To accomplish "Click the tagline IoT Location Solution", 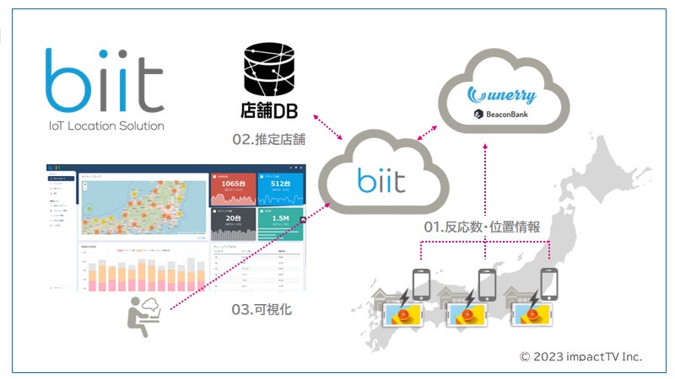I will click(x=105, y=125).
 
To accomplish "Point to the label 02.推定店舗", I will click(x=268, y=140).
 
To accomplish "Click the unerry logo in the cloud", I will click(x=505, y=94).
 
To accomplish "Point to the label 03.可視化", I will click(x=261, y=310).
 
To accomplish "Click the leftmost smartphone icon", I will click(x=421, y=285).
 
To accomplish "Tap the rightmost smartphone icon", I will click(x=549, y=285).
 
